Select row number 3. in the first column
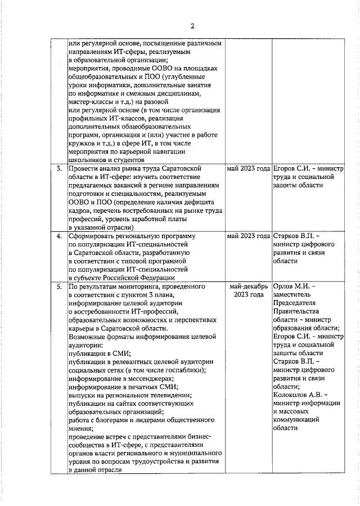(x=58, y=168)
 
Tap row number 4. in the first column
(x=58, y=236)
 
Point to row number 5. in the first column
(x=58, y=287)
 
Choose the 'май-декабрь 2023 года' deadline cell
(x=248, y=291)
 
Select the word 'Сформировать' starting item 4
(x=92, y=236)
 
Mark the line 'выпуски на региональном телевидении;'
(x=129, y=396)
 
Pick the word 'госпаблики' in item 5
(x=184, y=370)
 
